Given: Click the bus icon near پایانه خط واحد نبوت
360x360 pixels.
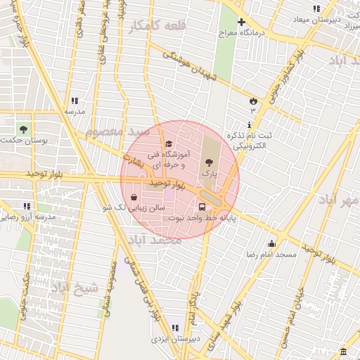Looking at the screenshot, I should (202, 207).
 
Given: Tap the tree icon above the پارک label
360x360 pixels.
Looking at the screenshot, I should (207, 162).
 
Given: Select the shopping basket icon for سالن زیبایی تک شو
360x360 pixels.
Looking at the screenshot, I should (134, 198).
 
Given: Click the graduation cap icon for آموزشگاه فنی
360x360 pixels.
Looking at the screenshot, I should (168, 144).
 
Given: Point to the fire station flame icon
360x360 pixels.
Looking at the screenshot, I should (252, 101).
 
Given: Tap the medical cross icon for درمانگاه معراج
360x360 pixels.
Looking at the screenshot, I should (242, 22).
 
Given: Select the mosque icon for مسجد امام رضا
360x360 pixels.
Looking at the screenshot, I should (271, 244).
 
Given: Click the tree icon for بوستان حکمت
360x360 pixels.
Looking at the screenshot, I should (24, 129).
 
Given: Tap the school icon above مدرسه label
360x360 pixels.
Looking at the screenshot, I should (75, 101).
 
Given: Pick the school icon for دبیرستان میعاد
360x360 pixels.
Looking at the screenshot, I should (316, 8).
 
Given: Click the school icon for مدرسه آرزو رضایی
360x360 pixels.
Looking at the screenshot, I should (26, 206).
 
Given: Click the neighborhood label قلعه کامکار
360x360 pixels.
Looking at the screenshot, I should (155, 27).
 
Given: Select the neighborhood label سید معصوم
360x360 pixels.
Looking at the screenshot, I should (117, 131).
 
